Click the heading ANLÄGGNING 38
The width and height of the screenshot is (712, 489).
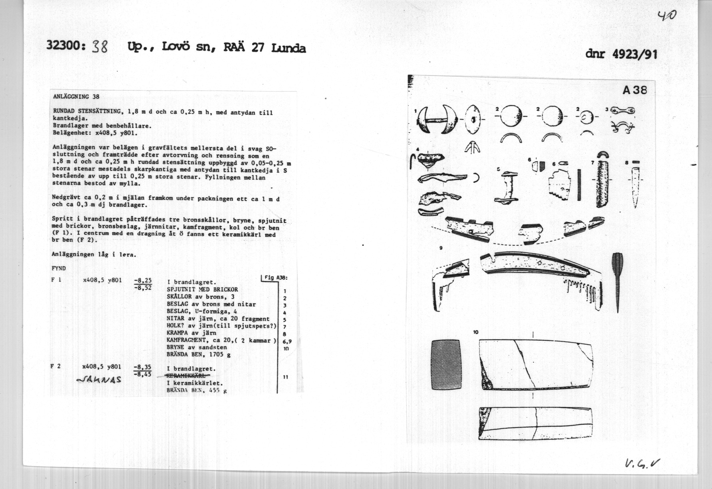pos(76,96)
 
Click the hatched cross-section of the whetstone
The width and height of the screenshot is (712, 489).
pos(446,365)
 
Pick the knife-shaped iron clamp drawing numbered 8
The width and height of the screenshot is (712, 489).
pos(636,186)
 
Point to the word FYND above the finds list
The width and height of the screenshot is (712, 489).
pos(59,268)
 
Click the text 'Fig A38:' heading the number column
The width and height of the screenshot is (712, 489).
pos(276,278)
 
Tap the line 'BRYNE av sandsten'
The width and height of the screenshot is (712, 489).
pos(197,347)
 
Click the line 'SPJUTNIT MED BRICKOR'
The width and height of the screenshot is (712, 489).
pos(202,289)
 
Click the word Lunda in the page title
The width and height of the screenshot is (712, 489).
pos(288,48)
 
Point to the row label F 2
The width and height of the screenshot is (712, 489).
pos(56,366)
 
